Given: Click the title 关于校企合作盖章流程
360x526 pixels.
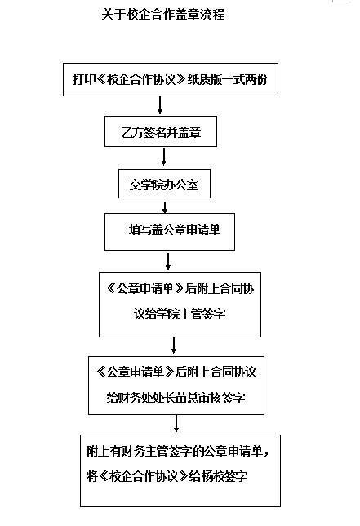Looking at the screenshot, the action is click(x=163, y=15).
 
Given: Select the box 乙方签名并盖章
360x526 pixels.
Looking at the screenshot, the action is click(x=161, y=131).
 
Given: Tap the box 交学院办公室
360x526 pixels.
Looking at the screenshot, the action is click(x=164, y=184).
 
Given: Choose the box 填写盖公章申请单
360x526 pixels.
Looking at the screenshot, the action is click(x=170, y=232).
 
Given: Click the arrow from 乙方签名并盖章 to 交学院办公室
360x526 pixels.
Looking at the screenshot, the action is click(x=163, y=157).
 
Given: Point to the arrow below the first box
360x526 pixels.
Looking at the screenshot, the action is click(x=160, y=105).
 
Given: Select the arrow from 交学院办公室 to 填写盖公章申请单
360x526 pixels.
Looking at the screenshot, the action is click(x=165, y=207).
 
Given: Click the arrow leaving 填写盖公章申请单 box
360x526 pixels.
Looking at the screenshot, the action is click(x=168, y=261).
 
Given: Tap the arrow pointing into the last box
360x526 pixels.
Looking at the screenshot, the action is click(x=176, y=423).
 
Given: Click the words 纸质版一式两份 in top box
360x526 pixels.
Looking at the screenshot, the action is click(x=227, y=79).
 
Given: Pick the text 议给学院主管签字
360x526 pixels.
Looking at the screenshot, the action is click(x=180, y=314).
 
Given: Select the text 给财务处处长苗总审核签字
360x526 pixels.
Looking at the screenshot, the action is click(x=176, y=398).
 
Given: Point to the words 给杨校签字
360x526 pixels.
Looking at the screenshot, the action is click(x=218, y=476).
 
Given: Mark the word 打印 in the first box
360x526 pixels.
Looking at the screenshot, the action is click(x=84, y=79).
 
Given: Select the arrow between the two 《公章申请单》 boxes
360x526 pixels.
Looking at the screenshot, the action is click(x=174, y=345).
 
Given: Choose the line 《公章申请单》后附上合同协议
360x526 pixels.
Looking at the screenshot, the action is click(x=176, y=372).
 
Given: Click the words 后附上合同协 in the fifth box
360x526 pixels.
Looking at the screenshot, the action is click(x=220, y=288).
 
